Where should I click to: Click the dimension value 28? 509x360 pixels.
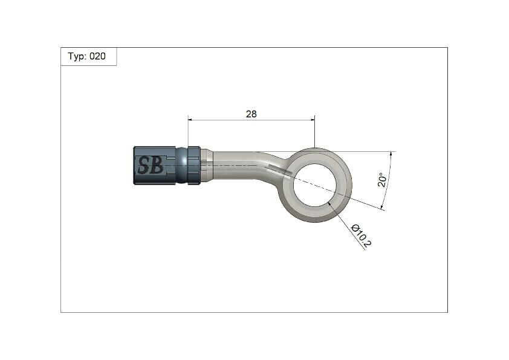click(251, 114)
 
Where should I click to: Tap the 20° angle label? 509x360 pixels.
click(381, 180)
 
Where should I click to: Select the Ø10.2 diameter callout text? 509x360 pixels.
click(361, 235)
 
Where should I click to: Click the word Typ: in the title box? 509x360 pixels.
click(77, 56)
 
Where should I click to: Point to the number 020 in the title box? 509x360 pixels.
click(97, 56)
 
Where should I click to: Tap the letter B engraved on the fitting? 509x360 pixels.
click(157, 165)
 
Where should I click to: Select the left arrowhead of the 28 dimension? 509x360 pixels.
click(191, 120)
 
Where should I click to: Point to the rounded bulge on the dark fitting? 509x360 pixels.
click(181, 165)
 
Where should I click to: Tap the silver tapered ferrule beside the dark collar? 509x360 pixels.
click(206, 165)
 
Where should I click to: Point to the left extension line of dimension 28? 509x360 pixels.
click(188, 133)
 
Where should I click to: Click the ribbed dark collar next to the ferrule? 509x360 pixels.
click(194, 165)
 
